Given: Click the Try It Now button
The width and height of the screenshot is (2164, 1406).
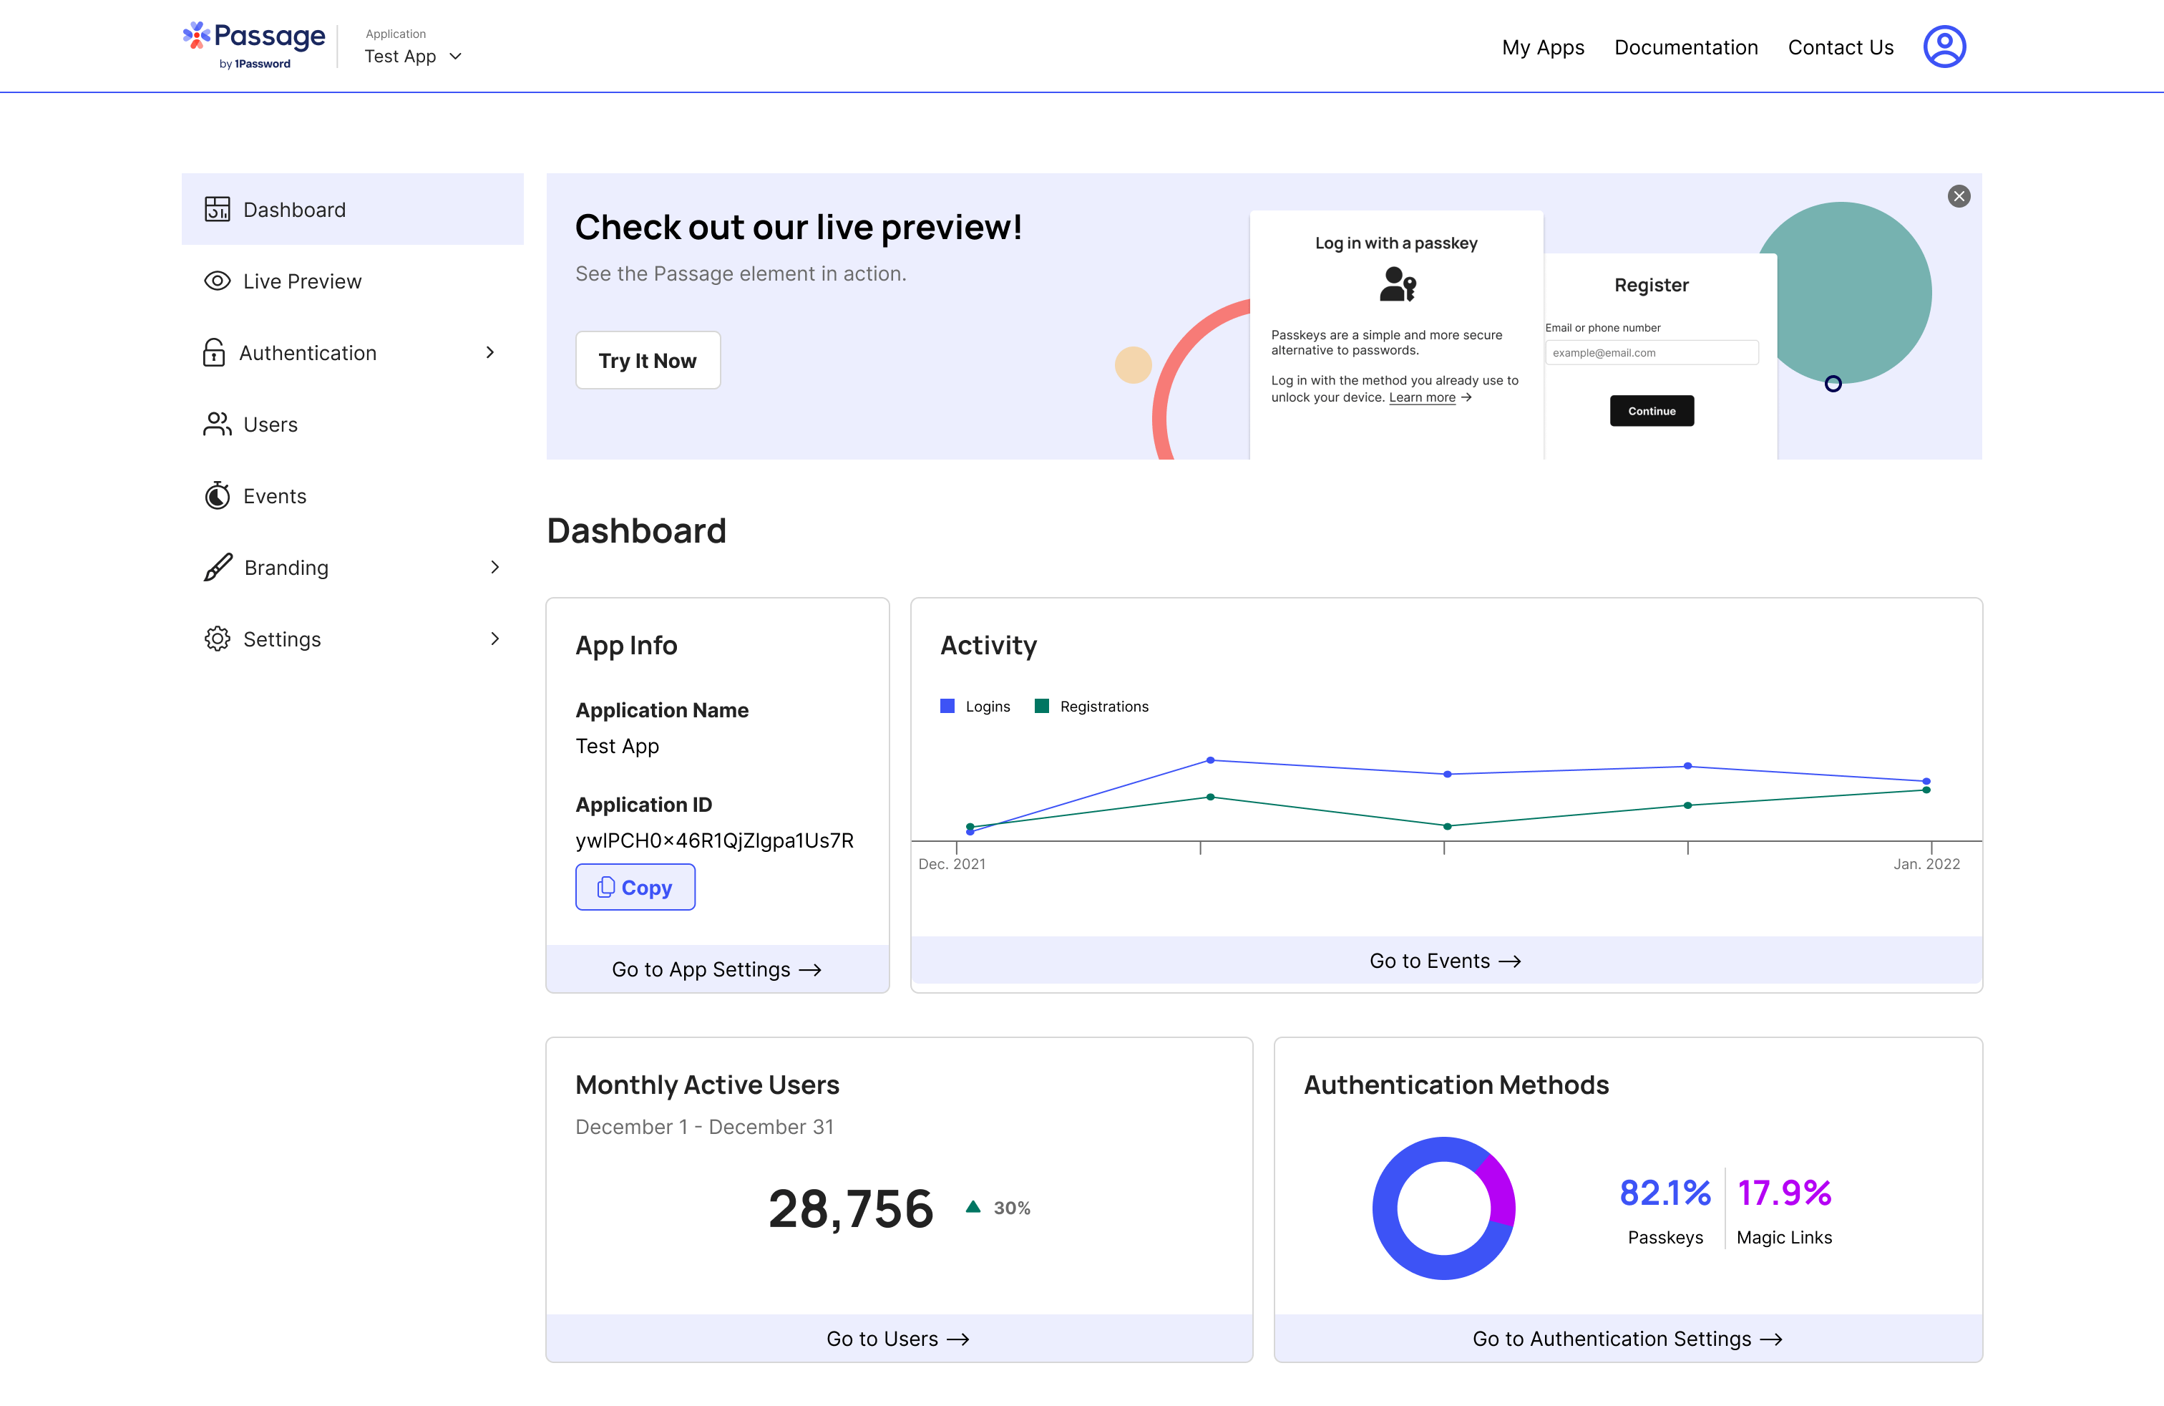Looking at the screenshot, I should [x=648, y=360].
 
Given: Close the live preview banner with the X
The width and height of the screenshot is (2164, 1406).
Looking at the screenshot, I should [x=1959, y=196].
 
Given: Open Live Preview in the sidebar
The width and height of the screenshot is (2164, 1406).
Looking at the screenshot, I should [x=301, y=281].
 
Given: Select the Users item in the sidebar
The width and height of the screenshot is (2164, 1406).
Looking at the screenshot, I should [x=270, y=425].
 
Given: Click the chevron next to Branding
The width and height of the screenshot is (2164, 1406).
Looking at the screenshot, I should [x=494, y=568].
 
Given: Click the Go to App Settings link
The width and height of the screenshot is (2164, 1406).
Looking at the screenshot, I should [x=716, y=969].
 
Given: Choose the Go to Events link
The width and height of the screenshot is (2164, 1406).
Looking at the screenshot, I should [x=1445, y=961].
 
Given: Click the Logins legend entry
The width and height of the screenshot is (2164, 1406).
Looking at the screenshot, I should [x=975, y=707].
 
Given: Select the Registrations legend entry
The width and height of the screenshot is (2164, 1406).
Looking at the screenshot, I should [x=1092, y=707].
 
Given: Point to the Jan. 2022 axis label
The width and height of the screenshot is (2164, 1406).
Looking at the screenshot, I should [x=1926, y=864].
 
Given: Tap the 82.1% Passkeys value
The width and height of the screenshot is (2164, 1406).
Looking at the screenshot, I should [x=1665, y=1192].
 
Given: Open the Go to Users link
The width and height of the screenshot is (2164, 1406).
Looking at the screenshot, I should [x=897, y=1339].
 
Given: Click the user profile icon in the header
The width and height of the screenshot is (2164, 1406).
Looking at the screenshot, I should [x=1944, y=47].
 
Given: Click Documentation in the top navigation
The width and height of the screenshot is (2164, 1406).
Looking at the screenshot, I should [x=1686, y=47].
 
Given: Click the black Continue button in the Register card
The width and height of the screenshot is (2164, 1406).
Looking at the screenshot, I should [x=1651, y=411].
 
